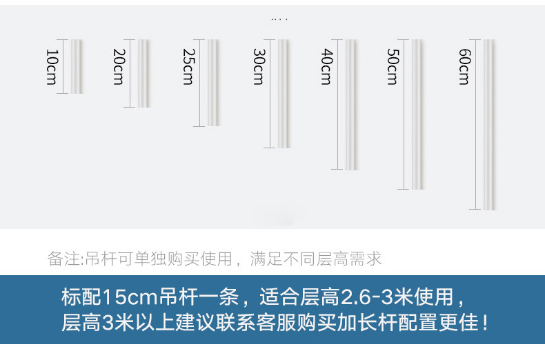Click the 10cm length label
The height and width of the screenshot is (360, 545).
[50, 67]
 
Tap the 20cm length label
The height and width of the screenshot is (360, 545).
[119, 67]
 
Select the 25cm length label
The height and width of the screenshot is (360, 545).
[188, 67]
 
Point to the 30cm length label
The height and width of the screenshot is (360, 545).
[258, 67]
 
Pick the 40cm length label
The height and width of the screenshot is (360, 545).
[326, 67]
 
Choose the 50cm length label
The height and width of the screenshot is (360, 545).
[392, 67]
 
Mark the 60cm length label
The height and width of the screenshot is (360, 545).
[464, 67]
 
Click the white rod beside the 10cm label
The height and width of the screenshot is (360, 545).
[77, 66]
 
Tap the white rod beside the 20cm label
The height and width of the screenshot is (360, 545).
[143, 73]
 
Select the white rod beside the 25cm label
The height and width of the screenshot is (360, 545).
[214, 83]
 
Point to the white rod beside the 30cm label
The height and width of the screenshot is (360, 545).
[284, 93]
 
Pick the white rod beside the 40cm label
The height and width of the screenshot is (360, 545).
[351, 104]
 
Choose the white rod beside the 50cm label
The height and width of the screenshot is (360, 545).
[417, 114]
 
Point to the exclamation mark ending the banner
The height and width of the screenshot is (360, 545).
[486, 322]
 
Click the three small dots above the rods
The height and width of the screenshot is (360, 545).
[279, 19]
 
